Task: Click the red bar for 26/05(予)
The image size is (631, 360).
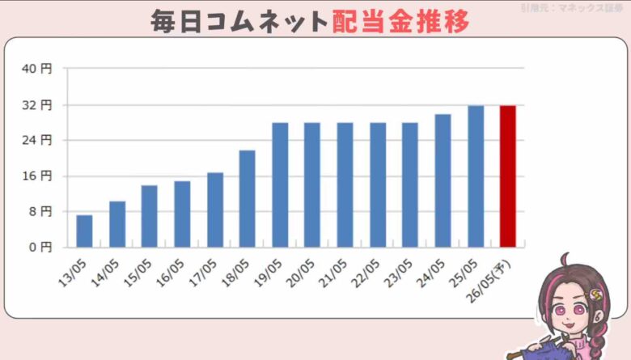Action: tap(507, 176)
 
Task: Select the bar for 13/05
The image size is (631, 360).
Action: tap(84, 231)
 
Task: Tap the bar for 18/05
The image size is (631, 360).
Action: tap(247, 199)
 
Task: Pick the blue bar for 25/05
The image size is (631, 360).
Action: tap(476, 176)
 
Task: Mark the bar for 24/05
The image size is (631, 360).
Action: tap(443, 180)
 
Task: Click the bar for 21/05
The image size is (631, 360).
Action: tap(345, 185)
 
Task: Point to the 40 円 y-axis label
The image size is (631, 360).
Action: tap(39, 70)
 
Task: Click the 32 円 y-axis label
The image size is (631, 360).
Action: tap(39, 105)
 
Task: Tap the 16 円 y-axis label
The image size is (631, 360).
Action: tap(39, 176)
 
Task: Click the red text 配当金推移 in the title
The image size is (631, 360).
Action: tap(400, 22)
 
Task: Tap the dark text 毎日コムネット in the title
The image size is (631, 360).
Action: tap(240, 22)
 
